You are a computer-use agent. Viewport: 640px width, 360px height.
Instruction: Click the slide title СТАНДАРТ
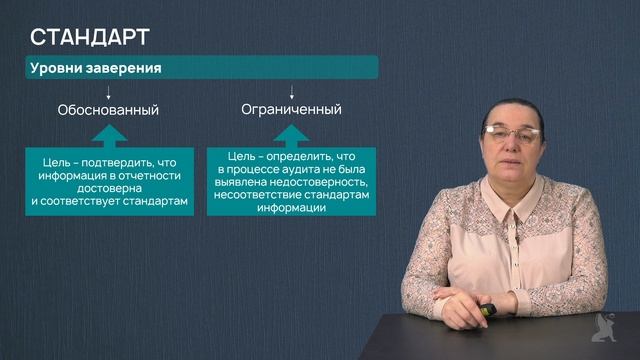pos(90,38)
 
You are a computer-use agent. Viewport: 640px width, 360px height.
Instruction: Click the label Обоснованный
pos(108,109)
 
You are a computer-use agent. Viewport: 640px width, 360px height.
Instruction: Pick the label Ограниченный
pos(291,109)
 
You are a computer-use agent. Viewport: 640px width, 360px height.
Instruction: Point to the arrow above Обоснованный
pos(108,92)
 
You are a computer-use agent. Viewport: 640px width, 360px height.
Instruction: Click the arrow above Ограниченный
pos(291,92)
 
